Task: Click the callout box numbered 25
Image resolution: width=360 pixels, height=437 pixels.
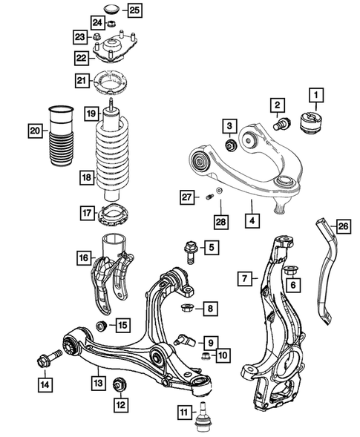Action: (134, 10)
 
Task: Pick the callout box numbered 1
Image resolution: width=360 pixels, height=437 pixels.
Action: (317, 95)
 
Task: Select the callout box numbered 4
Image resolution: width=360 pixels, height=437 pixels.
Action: (252, 220)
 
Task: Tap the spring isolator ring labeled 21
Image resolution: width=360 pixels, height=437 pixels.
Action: (112, 81)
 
